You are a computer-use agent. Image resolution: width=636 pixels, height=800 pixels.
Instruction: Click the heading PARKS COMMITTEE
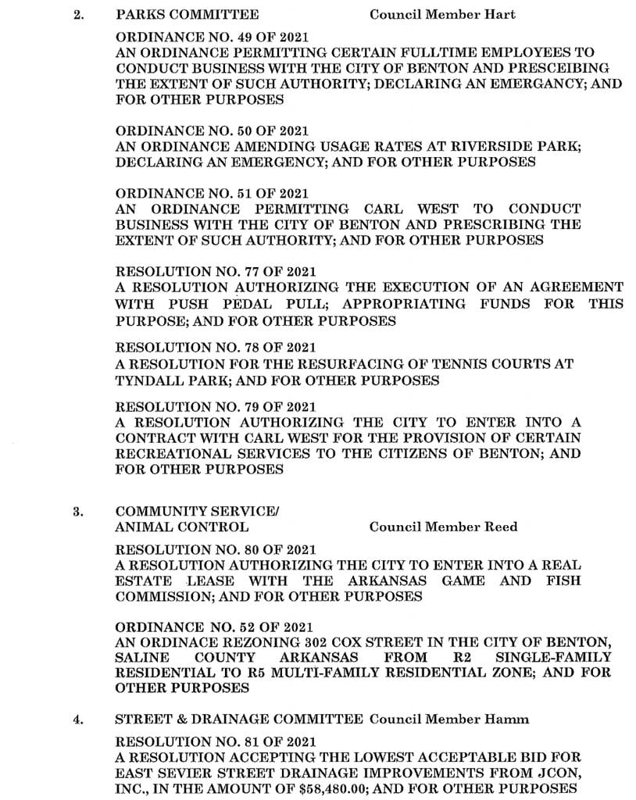click(x=187, y=15)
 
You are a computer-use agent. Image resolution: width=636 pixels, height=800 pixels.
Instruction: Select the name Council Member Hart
click(x=442, y=15)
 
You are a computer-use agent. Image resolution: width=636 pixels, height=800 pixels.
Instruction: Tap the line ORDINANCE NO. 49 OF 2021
click(x=212, y=37)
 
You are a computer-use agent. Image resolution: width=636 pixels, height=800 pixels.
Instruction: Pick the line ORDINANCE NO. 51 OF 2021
click(x=212, y=193)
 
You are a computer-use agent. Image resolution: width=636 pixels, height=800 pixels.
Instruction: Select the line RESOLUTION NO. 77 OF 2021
click(x=216, y=272)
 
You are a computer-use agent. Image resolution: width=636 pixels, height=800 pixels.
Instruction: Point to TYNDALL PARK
click(x=166, y=380)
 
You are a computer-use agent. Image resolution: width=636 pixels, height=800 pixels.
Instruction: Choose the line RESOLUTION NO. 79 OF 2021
click(x=216, y=406)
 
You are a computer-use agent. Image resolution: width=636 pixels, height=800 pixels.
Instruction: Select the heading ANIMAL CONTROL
click(x=182, y=527)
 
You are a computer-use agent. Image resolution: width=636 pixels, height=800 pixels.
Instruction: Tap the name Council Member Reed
click(x=443, y=527)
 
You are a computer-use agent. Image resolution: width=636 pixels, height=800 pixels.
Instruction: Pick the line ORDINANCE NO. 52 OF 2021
click(x=213, y=627)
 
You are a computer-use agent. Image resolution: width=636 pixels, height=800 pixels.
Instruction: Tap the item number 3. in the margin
click(x=78, y=512)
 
